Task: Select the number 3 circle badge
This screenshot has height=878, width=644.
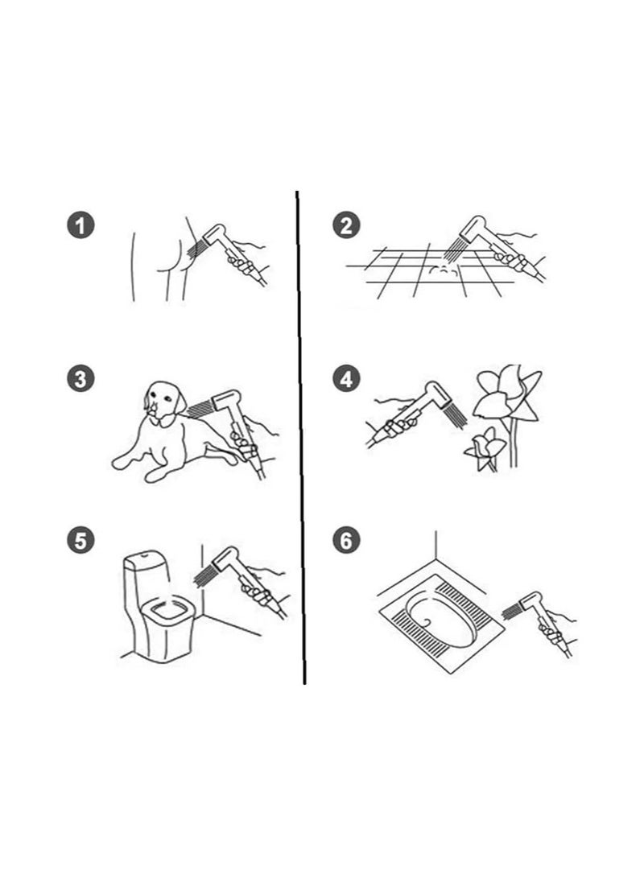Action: click(x=80, y=379)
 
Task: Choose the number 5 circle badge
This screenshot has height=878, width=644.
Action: click(x=80, y=540)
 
